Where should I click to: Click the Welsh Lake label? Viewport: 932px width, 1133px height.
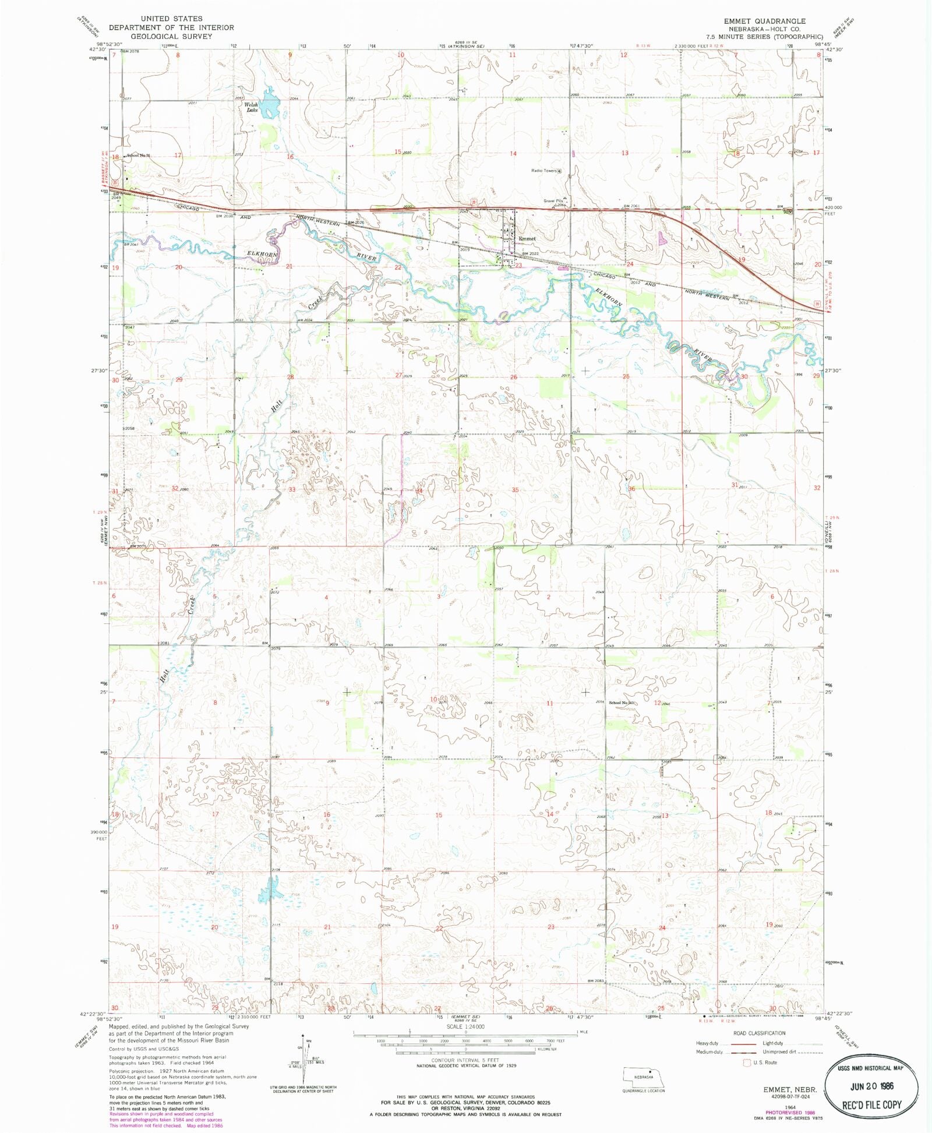[252, 107]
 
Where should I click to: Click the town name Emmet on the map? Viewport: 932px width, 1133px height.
[527, 239]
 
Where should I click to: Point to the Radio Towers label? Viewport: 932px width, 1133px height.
[543, 171]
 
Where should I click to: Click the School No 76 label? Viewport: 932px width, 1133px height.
[139, 156]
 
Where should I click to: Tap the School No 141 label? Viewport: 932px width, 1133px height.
[621, 703]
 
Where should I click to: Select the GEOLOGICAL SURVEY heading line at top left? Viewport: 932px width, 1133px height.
[171, 36]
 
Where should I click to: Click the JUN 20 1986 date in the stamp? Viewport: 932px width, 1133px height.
[871, 1086]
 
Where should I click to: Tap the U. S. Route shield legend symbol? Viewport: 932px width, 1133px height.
[747, 1063]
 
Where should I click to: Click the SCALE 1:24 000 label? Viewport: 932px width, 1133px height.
[465, 1027]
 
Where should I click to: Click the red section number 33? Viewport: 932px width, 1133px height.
[292, 489]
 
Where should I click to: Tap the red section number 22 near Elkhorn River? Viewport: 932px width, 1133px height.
[398, 267]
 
